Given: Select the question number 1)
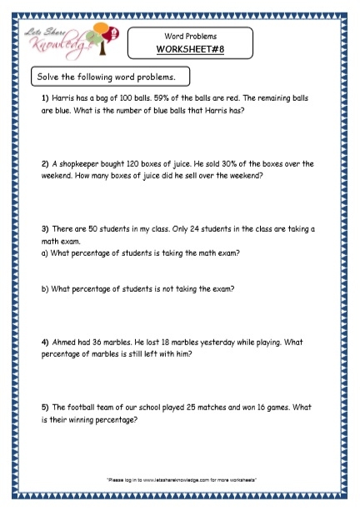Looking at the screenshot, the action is click(45, 98).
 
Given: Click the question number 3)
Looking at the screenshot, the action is click(45, 228).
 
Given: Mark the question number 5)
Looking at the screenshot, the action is click(45, 408).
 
